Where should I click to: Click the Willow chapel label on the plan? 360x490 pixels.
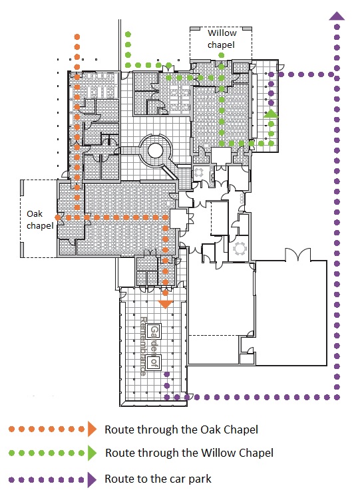click(222, 39)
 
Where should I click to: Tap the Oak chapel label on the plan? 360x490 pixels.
click(40, 219)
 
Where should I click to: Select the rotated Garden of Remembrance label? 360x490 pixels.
click(149, 346)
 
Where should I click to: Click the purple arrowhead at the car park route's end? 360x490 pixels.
click(337, 16)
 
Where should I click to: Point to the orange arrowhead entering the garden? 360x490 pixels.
click(165, 304)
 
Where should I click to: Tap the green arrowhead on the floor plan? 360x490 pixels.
click(271, 114)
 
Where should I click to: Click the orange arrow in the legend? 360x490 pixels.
click(92, 429)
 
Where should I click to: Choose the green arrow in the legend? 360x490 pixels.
click(92, 453)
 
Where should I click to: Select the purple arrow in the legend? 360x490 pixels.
click(92, 479)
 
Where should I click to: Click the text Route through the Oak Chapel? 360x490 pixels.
click(181, 429)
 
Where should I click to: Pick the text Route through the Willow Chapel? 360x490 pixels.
click(189, 453)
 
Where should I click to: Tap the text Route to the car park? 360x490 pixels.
click(158, 479)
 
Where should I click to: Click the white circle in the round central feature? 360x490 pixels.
click(155, 151)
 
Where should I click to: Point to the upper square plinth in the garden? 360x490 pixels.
click(154, 331)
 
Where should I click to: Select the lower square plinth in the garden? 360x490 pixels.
click(154, 362)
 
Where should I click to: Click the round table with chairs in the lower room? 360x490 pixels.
click(240, 249)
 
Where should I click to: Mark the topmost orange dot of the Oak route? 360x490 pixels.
click(77, 37)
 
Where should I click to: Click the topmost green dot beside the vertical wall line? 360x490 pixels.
click(128, 35)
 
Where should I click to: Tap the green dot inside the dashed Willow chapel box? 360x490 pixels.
click(221, 55)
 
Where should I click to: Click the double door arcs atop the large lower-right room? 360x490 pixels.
click(297, 254)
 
